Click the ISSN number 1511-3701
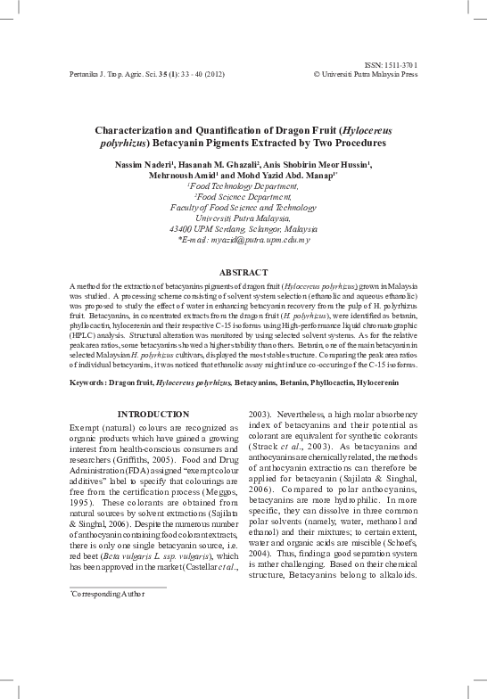[x=399, y=65]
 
